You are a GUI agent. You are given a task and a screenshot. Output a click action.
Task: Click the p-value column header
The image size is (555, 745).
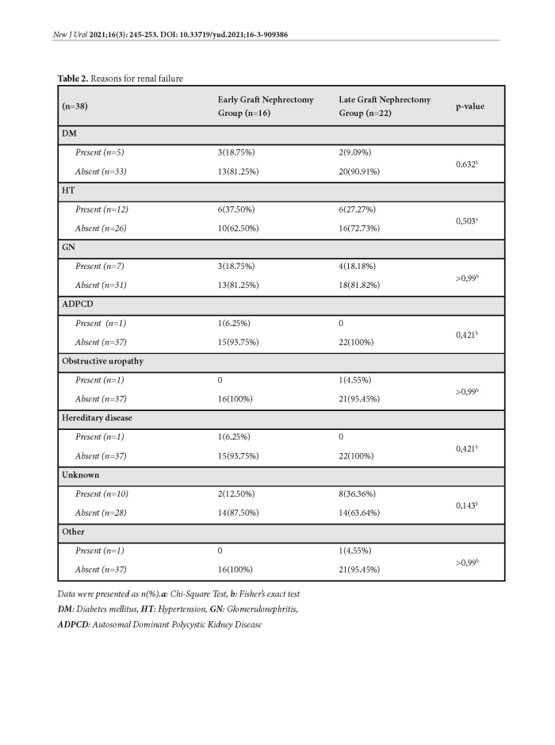click(x=469, y=106)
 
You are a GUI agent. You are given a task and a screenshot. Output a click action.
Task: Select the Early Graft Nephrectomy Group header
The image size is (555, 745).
click(x=266, y=106)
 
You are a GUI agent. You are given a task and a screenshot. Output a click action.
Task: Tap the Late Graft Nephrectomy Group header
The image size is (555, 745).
click(x=385, y=106)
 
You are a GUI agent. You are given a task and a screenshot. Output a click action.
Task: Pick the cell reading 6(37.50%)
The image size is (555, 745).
click(x=236, y=209)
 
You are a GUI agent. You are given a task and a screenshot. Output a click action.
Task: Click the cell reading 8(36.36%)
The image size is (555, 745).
click(x=359, y=493)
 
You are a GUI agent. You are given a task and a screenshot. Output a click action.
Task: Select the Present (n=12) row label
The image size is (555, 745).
click(x=101, y=209)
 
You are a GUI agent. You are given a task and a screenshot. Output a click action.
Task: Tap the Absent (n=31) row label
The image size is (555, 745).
click(x=101, y=286)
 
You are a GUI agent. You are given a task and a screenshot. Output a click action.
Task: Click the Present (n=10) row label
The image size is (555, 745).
click(x=101, y=493)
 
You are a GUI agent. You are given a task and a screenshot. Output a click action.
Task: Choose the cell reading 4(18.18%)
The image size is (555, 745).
click(x=359, y=267)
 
